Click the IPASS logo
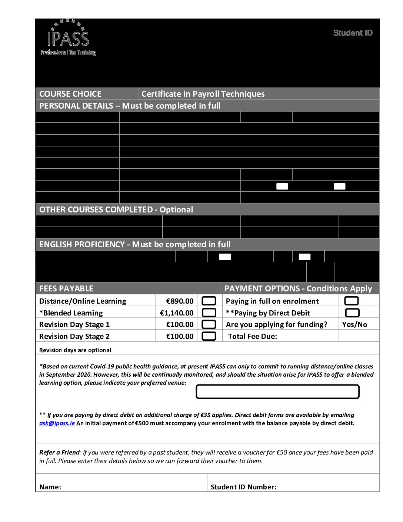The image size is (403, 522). pyautogui.click(x=68, y=37)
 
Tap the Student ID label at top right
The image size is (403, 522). pyautogui.click(x=353, y=33)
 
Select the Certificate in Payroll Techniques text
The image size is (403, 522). pyautogui.click(x=203, y=94)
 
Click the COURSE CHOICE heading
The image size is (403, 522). pyautogui.click(x=70, y=94)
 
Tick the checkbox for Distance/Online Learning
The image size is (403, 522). pyautogui.click(x=209, y=301)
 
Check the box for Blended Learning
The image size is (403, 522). pyautogui.click(x=209, y=313)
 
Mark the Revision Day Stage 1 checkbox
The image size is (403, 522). pyautogui.click(x=209, y=324)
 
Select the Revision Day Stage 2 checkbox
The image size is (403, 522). pyautogui.click(x=209, y=336)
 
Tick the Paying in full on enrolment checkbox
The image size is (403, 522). pyautogui.click(x=352, y=301)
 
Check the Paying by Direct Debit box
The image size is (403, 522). pyautogui.click(x=352, y=313)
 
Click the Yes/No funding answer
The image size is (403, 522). pyautogui.click(x=355, y=324)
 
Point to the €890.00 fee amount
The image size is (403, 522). pyautogui.click(x=180, y=301)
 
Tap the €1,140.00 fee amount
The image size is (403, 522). pyautogui.click(x=177, y=313)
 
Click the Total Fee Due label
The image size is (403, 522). pyautogui.click(x=252, y=336)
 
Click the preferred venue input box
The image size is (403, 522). pyautogui.click(x=277, y=391)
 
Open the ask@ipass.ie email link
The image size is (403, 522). pyautogui.click(x=57, y=423)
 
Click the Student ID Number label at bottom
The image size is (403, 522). pyautogui.click(x=243, y=487)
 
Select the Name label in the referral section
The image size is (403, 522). pyautogui.click(x=50, y=487)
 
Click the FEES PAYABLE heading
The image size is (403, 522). pyautogui.click(x=66, y=288)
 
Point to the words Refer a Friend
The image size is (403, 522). pyautogui.click(x=59, y=452)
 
